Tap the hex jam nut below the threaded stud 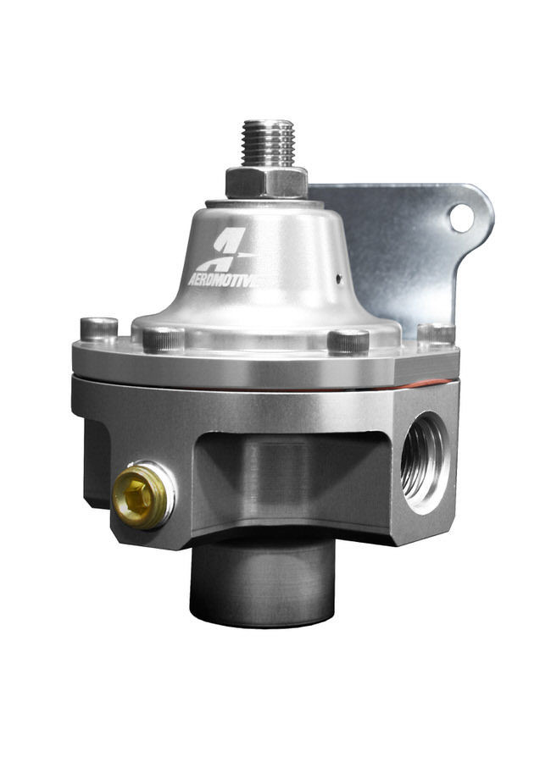266,182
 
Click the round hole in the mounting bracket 461,218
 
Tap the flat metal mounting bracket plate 398,254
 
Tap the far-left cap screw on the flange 99,329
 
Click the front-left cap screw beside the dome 164,339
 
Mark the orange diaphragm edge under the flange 424,384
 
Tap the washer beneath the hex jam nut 266,202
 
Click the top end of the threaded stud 266,124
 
